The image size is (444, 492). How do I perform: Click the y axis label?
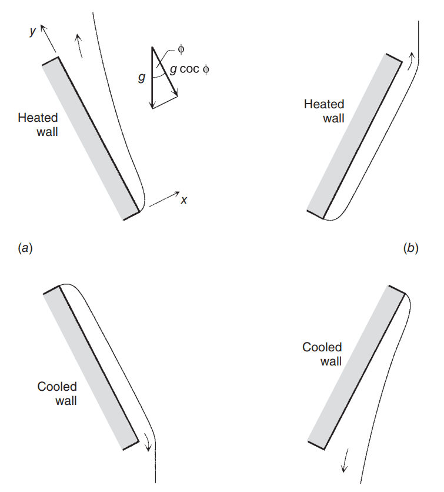click(34, 31)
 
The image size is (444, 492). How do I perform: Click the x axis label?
click(184, 200)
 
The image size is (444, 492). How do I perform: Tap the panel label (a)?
click(25, 248)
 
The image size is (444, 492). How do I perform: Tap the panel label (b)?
click(410, 248)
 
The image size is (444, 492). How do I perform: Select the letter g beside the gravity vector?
click(142, 77)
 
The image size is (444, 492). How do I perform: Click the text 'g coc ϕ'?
click(189, 69)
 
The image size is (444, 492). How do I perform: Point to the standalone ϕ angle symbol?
click(181, 49)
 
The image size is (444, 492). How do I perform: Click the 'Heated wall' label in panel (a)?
click(38, 124)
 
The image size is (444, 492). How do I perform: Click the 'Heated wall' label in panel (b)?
click(324, 111)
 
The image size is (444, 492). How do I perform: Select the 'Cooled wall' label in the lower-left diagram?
click(57, 394)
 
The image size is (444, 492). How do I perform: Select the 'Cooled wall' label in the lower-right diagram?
click(322, 354)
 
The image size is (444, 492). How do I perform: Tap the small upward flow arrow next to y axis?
click(79, 45)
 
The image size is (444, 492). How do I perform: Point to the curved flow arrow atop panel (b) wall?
click(411, 61)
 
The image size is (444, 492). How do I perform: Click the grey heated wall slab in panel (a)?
click(91, 138)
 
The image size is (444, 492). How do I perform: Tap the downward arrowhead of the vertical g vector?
click(153, 105)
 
